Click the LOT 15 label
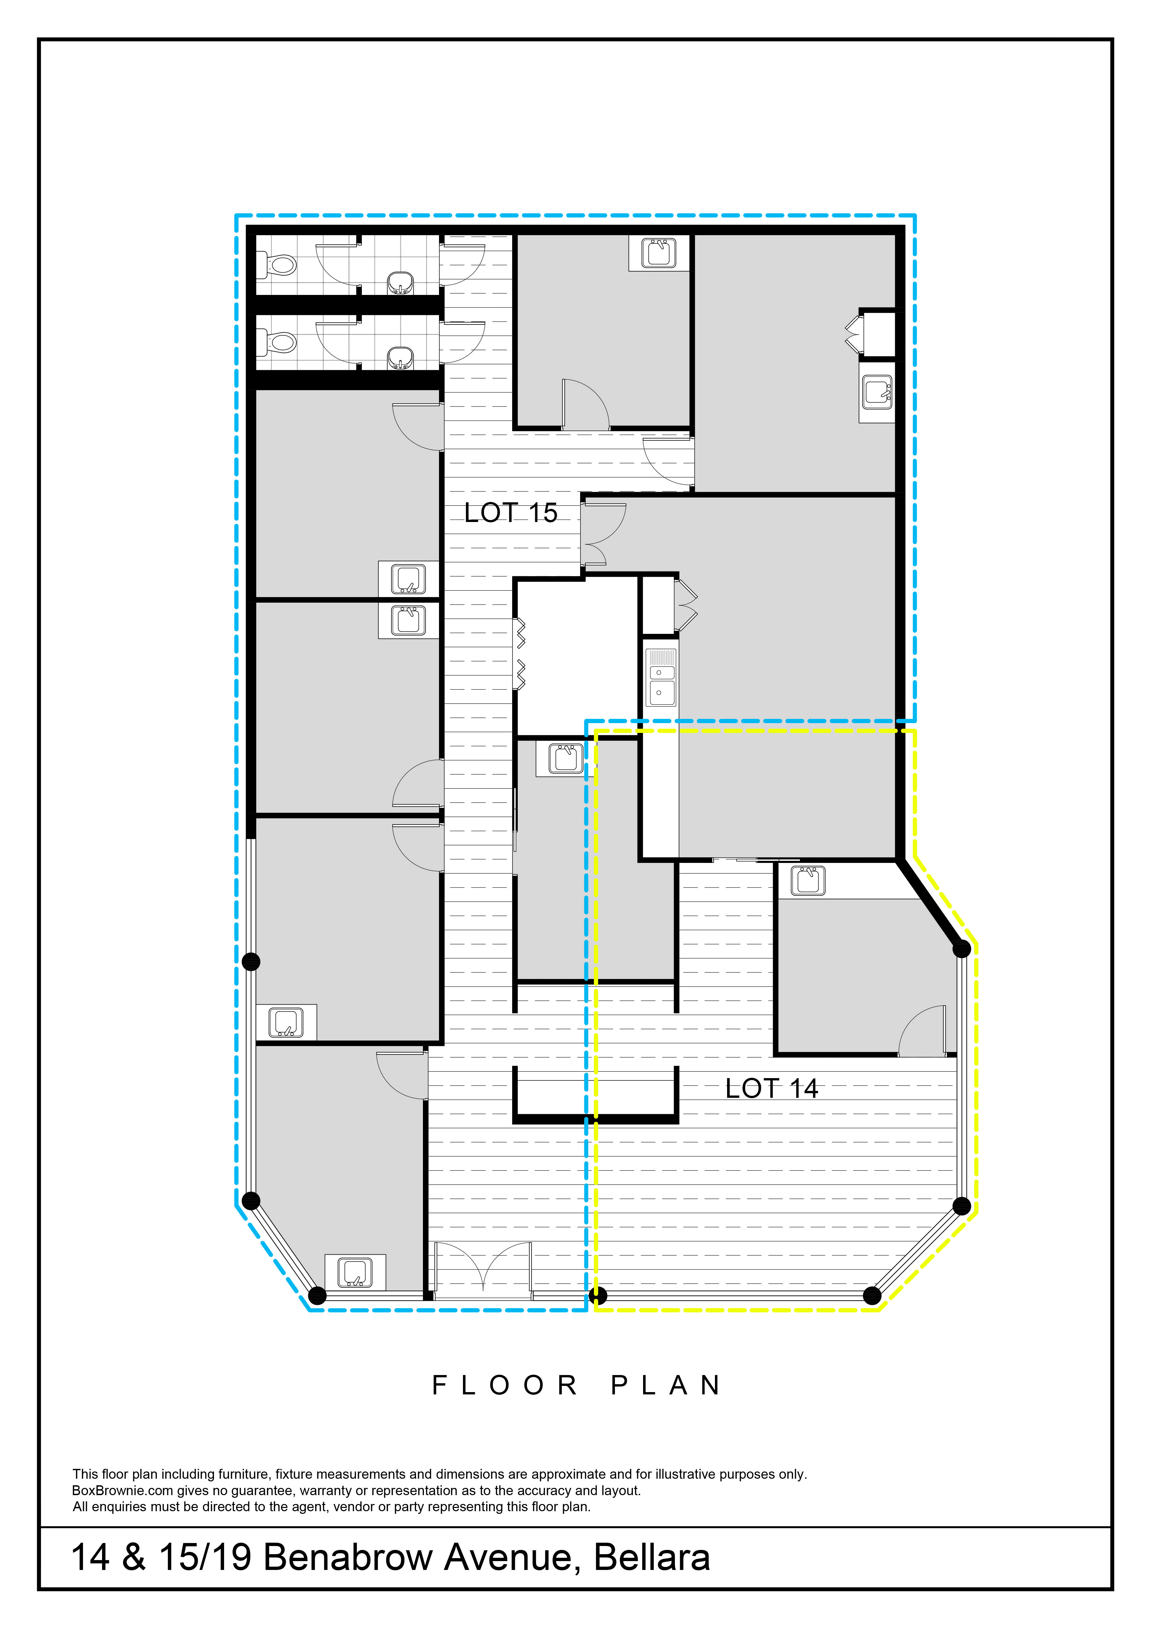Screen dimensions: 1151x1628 point(511,513)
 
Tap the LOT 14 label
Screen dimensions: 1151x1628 point(772,1088)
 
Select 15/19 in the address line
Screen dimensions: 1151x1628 point(205,1557)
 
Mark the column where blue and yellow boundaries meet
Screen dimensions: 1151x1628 point(598,1296)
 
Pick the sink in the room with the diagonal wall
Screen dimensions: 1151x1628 point(808,881)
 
